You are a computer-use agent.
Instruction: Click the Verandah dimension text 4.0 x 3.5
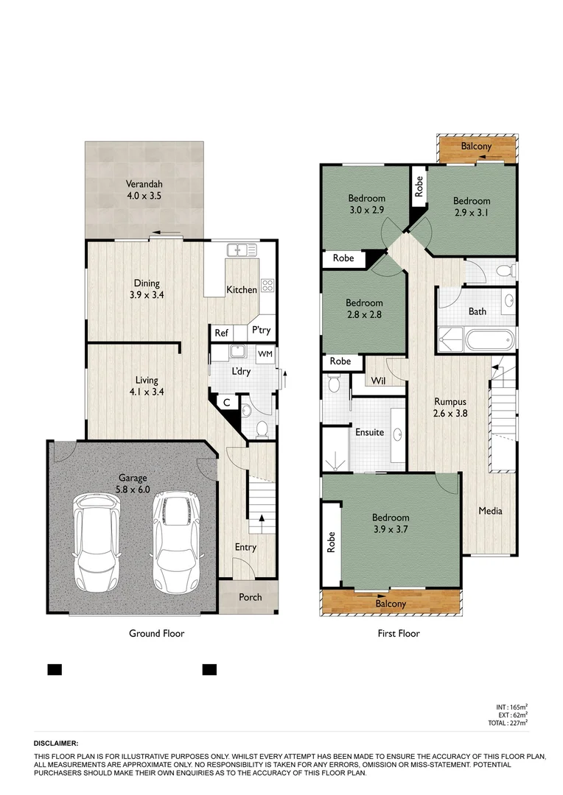pos(144,197)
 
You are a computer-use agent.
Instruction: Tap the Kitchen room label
pos(241,289)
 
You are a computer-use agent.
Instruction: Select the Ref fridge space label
pos(221,333)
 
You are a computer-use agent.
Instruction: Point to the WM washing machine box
pos(265,354)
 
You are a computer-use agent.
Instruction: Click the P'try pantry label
pos(260,331)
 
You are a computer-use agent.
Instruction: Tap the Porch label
pos(250,596)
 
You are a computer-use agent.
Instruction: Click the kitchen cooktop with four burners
pos(267,285)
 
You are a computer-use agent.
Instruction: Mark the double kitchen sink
pos(242,250)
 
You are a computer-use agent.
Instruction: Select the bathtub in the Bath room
pos(487,340)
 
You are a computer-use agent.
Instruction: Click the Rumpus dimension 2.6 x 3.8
pos(451,414)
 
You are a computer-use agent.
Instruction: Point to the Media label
pos(490,510)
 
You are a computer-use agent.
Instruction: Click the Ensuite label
pos(369,432)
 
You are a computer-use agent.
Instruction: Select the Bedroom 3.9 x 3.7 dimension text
pos(391,529)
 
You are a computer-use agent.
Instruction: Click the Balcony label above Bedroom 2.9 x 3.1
pos(476,146)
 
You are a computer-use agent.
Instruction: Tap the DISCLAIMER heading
pos(56,744)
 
